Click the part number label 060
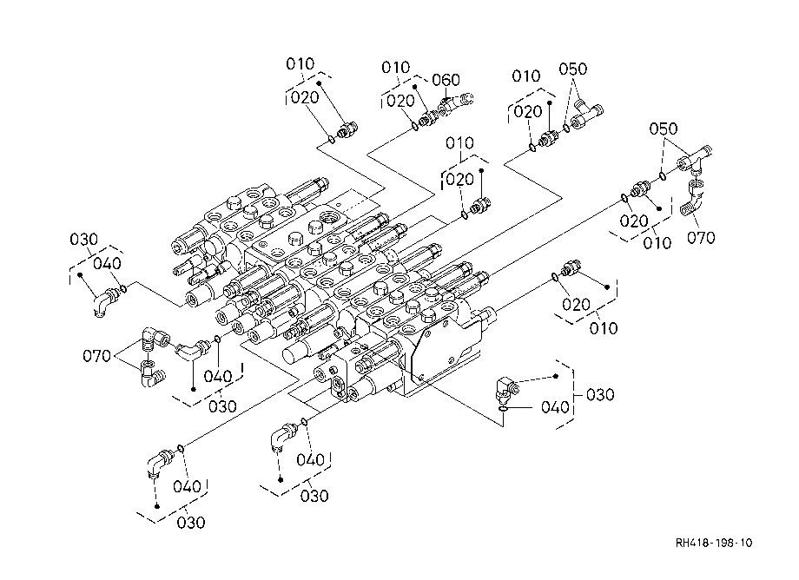click(446, 80)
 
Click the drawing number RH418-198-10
click(713, 543)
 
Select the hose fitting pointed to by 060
click(455, 104)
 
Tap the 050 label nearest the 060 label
click(572, 69)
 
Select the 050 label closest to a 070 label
click(663, 129)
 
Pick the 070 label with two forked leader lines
click(96, 355)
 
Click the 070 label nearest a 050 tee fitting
click(701, 237)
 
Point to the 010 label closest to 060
click(396, 67)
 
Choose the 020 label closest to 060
click(400, 102)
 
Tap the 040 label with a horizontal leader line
click(555, 407)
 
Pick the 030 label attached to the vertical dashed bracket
click(600, 395)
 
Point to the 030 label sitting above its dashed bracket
click(83, 240)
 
